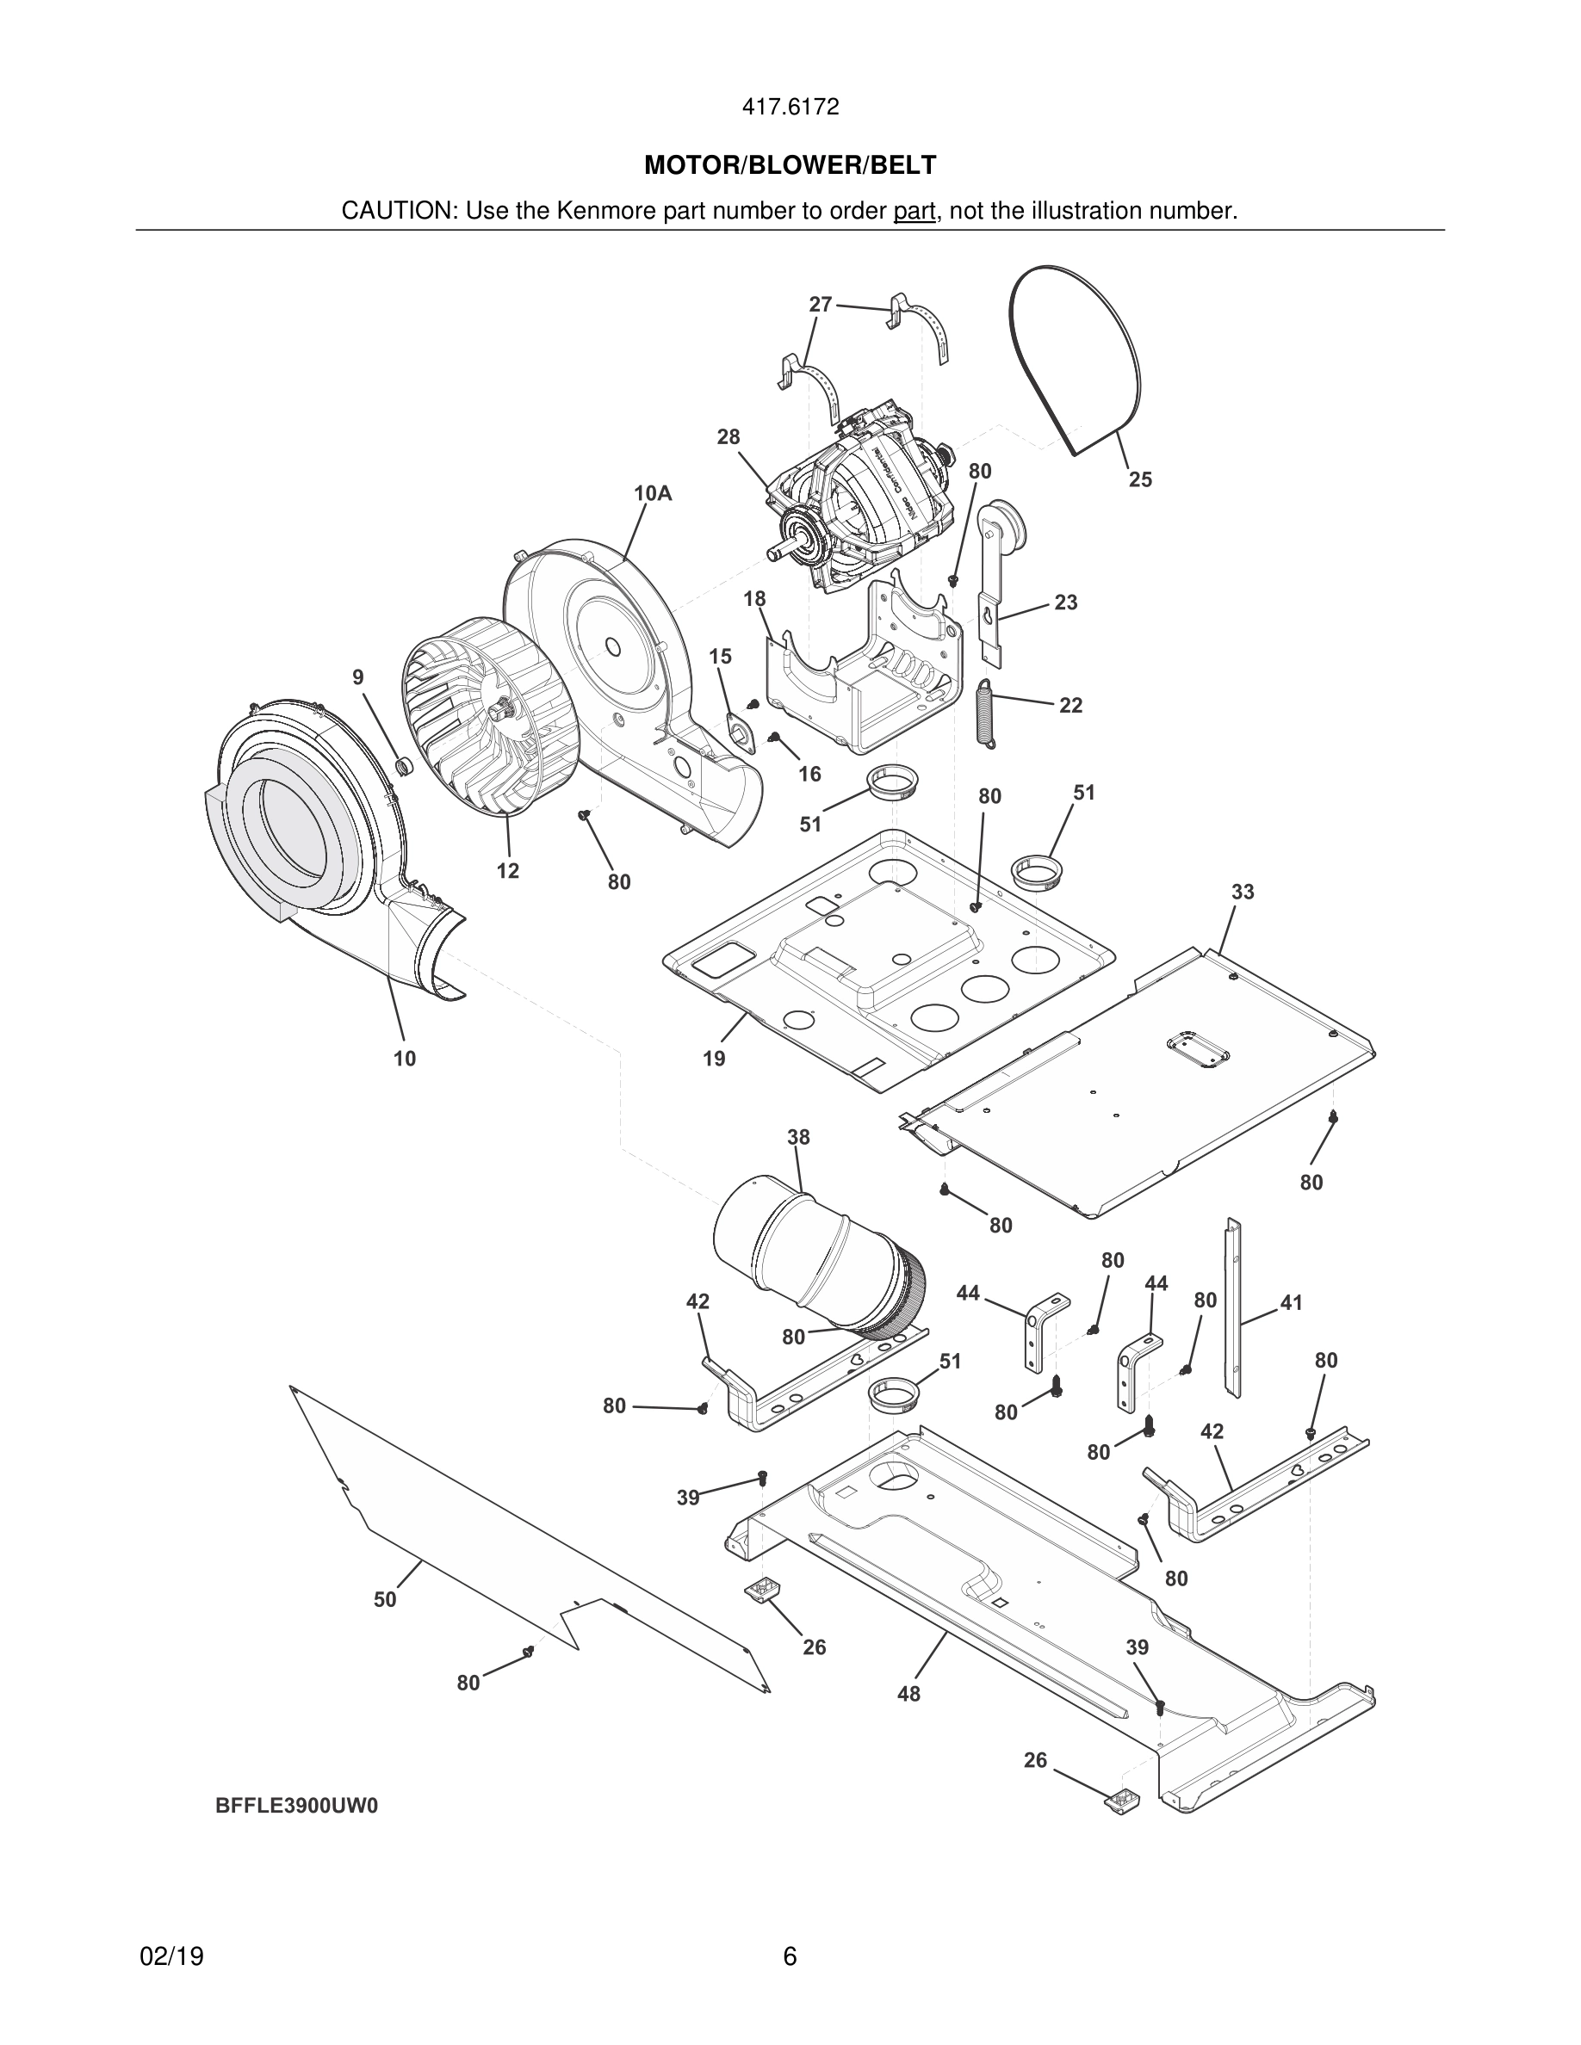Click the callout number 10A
[x=653, y=493]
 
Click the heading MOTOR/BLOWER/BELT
[x=790, y=166]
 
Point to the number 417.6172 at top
[x=790, y=108]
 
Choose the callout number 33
[x=1242, y=892]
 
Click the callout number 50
[x=385, y=1599]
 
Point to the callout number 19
[x=714, y=1059]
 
